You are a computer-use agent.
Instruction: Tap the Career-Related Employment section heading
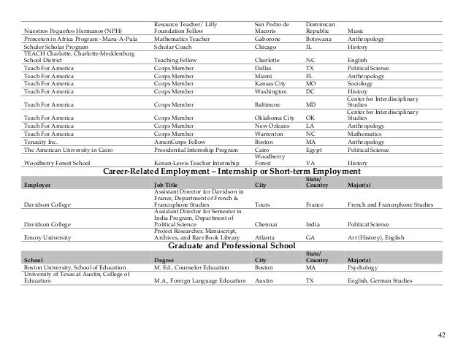[236, 171]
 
